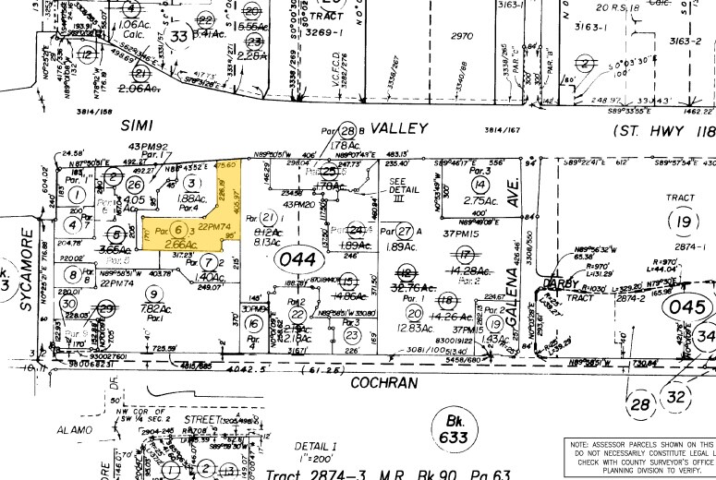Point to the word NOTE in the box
[586, 443]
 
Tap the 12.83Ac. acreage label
[415, 329]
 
